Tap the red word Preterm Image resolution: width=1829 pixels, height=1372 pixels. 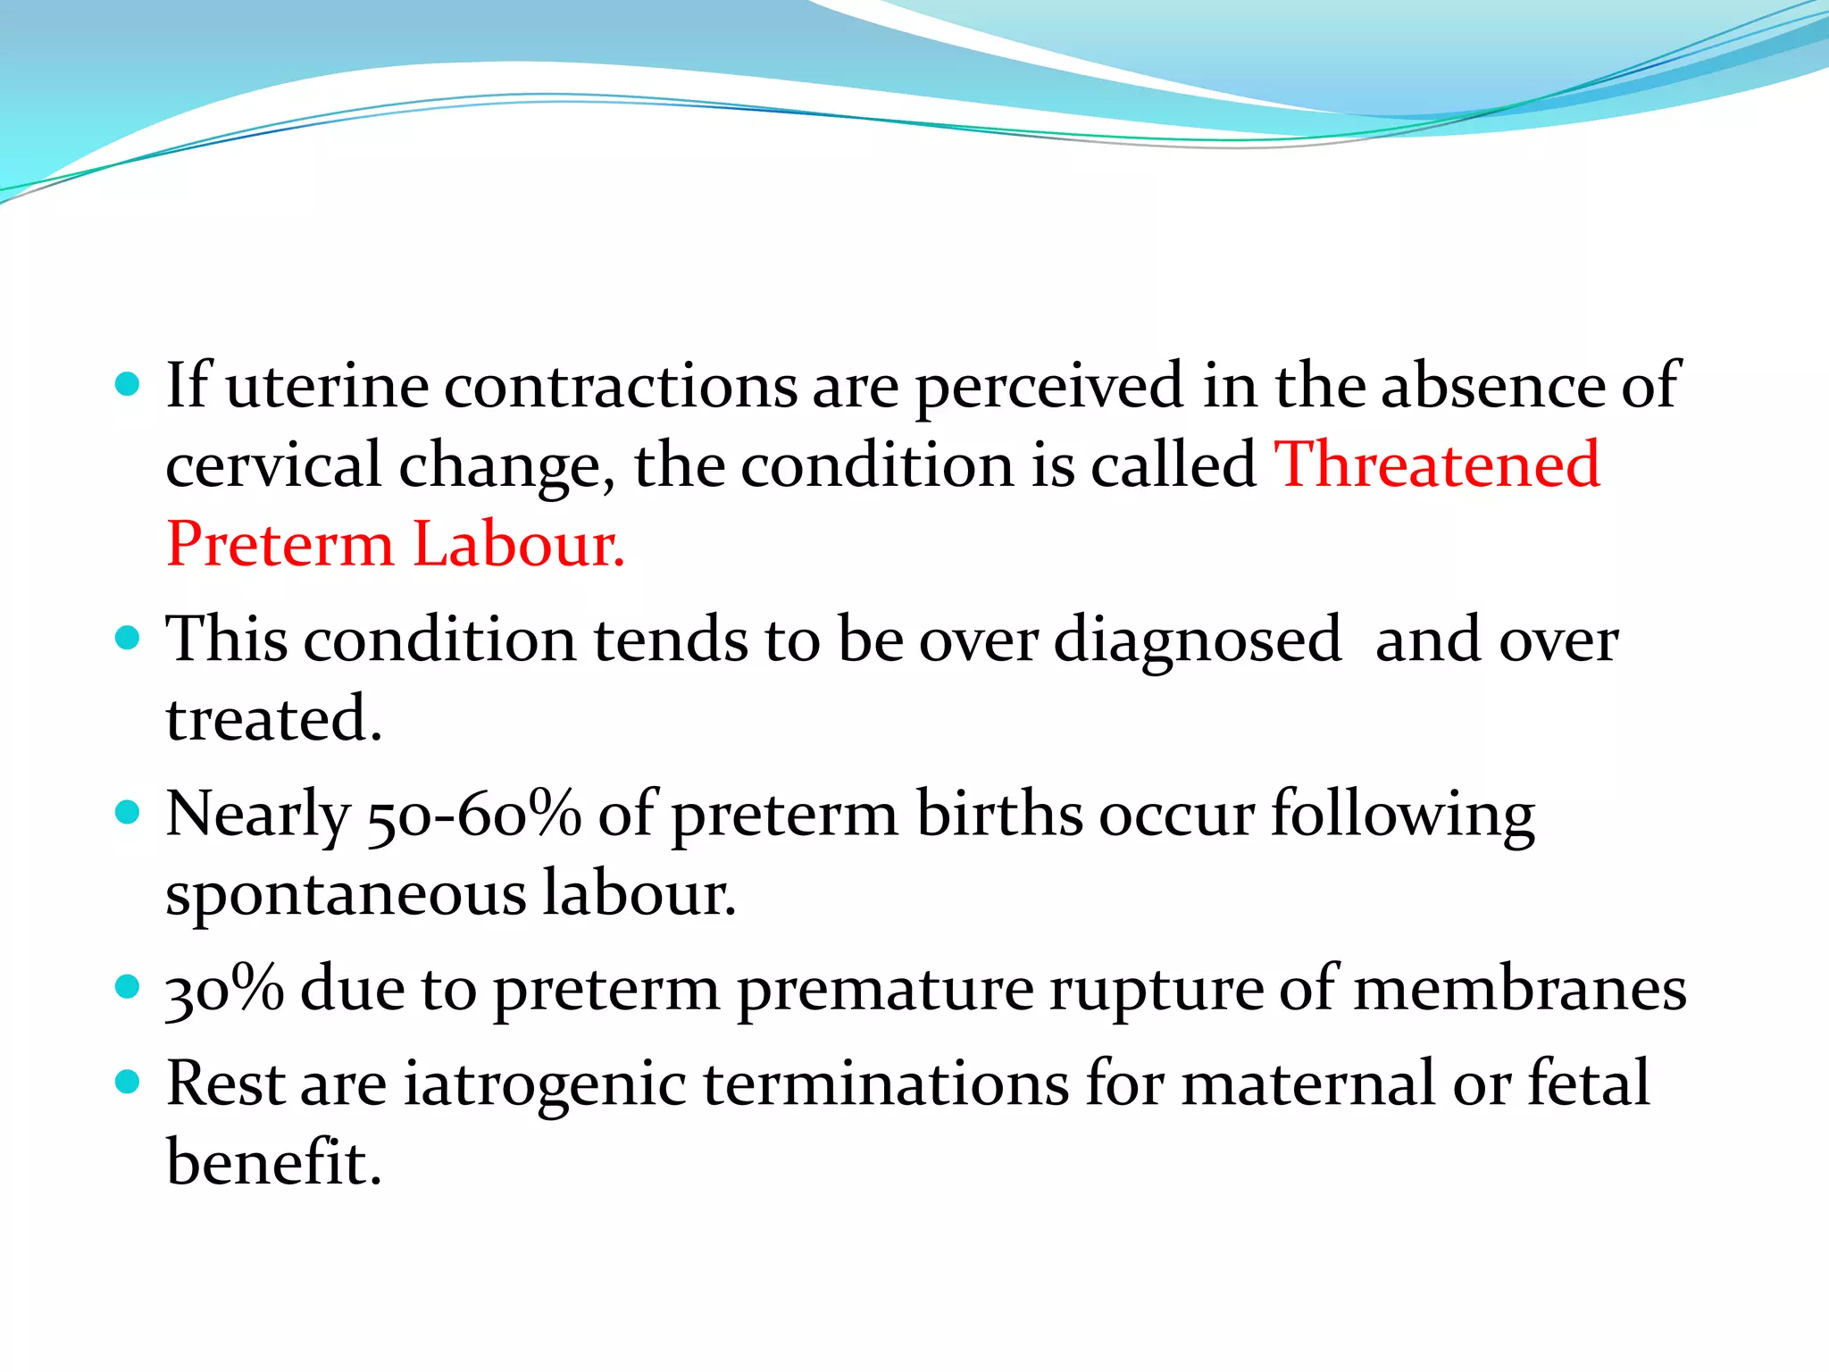(280, 545)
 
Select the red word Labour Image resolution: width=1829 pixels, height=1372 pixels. (518, 545)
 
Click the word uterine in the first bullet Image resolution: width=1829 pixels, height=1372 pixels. (327, 386)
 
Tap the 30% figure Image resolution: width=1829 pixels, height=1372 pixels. (225, 990)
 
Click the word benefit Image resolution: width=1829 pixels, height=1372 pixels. (273, 1163)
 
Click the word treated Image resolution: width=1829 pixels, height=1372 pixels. (273, 720)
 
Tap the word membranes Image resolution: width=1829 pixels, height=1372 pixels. (1520, 990)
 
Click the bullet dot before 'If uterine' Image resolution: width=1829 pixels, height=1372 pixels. (129, 385)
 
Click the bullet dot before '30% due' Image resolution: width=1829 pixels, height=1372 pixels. (129, 987)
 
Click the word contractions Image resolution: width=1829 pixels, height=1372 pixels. (621, 386)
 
